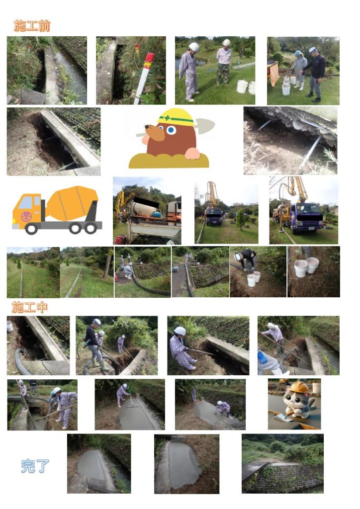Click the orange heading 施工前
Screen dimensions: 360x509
32,26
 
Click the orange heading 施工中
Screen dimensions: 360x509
29,307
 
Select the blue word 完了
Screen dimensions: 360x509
35,466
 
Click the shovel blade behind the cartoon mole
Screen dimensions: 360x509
205,126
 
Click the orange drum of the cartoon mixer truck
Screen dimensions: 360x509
72,203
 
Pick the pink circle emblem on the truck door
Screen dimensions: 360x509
26,216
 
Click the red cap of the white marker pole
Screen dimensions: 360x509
149,58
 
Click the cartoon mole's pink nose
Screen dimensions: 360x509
146,139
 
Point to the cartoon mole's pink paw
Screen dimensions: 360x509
192,154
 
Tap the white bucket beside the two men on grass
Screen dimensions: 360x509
242,86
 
